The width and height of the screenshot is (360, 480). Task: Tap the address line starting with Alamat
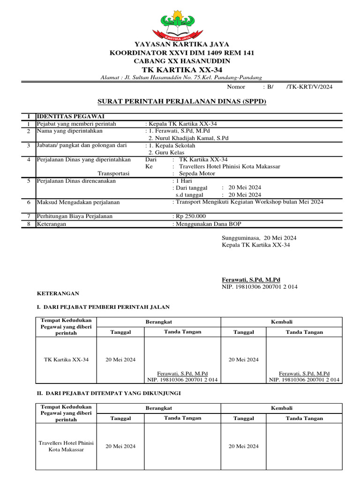tap(182, 77)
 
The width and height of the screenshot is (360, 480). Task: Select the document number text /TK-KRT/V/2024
tap(309, 87)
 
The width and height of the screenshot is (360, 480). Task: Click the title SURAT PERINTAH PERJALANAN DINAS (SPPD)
tap(182, 101)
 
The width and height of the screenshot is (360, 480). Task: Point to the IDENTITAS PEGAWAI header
tap(71, 116)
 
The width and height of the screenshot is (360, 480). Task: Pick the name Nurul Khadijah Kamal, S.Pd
tap(188, 138)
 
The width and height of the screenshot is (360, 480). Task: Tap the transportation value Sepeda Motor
tap(197, 173)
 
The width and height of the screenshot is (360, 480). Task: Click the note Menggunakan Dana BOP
tap(208, 224)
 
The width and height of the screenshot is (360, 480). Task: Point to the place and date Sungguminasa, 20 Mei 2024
tap(259, 238)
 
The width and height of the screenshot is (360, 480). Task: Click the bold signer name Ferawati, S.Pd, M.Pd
tap(251, 279)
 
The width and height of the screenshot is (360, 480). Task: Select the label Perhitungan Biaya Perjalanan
tap(75, 216)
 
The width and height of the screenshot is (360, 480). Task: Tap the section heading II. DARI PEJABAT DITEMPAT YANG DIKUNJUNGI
tap(109, 393)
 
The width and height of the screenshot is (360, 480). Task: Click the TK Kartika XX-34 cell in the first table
tap(66, 360)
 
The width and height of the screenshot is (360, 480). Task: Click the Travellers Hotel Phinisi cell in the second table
tap(66, 446)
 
